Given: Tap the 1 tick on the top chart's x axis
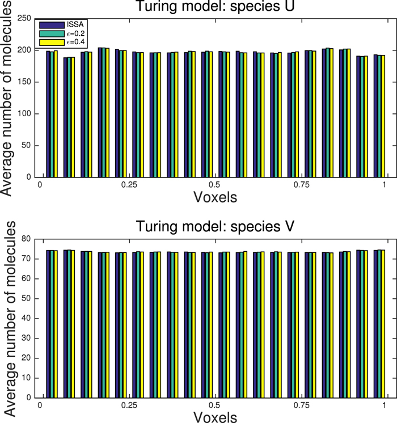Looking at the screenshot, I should coord(385,185).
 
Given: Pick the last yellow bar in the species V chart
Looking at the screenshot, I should coord(383,324).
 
